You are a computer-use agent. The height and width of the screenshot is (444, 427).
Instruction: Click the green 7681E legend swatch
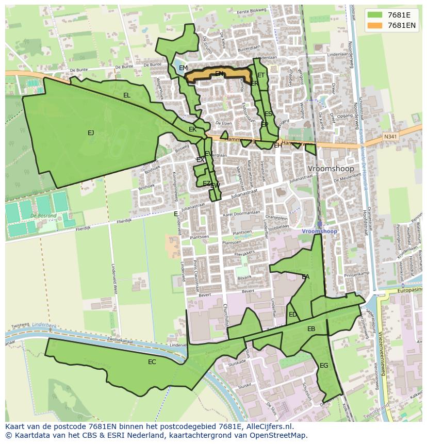click(375, 15)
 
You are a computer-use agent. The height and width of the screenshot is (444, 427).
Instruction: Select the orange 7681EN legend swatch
click(375, 25)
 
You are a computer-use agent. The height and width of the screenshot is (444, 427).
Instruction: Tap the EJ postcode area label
click(91, 133)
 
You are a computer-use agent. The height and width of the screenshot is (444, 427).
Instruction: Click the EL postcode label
click(127, 95)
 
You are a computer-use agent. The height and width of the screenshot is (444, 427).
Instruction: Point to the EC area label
click(152, 362)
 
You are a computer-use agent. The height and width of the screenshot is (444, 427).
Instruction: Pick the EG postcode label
click(324, 366)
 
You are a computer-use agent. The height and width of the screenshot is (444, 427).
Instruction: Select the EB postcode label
click(311, 329)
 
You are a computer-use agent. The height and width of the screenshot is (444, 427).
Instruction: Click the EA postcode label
click(306, 277)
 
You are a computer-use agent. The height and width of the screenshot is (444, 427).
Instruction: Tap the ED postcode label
click(293, 315)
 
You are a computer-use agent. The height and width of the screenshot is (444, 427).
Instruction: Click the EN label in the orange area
click(219, 74)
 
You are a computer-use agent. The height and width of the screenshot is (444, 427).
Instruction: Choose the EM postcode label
click(183, 68)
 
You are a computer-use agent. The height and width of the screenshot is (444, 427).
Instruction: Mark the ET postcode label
click(261, 75)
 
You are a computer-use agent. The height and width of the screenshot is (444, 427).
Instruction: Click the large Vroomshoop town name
click(331, 169)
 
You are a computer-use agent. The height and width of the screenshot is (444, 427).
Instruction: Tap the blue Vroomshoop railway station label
click(320, 232)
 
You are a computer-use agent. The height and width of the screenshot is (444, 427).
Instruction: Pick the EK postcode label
click(192, 129)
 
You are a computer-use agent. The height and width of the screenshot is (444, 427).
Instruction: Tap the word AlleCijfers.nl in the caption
click(268, 426)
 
